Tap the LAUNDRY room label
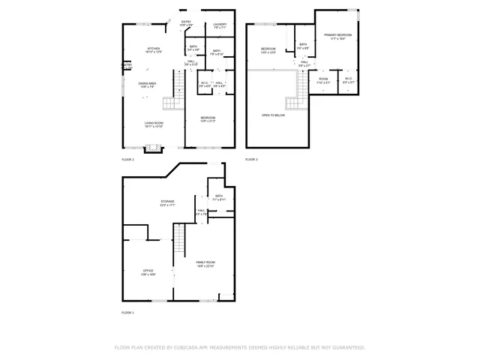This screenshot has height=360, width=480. (220, 25)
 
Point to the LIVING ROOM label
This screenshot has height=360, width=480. (154, 124)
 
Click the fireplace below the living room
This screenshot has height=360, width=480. (153, 148)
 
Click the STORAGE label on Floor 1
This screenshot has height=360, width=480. (166, 202)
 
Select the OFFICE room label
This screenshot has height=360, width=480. (148, 271)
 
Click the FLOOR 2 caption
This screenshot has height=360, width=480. (127, 160)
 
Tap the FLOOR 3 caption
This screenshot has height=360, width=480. (251, 160)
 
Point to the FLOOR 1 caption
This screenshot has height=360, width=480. (127, 312)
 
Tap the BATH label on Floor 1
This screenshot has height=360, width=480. (219, 197)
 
